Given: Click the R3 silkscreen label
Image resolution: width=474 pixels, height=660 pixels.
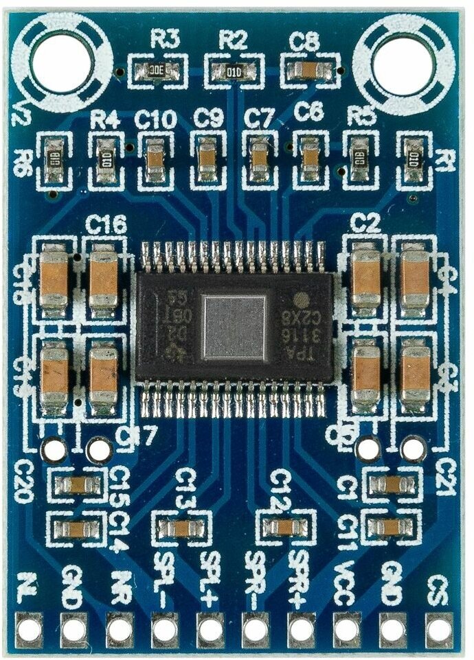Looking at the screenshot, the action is (165, 40).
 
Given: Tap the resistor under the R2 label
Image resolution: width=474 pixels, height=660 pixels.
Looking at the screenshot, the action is (234, 70).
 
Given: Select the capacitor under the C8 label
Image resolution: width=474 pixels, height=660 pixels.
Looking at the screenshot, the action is (305, 69).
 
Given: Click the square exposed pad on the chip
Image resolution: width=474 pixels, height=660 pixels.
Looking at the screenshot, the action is (234, 327).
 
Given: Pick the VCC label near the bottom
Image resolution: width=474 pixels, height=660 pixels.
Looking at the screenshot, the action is (345, 583).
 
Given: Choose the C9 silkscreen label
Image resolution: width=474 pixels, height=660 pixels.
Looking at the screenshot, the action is (208, 118).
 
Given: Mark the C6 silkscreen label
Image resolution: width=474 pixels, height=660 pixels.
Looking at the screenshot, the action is (308, 110).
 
